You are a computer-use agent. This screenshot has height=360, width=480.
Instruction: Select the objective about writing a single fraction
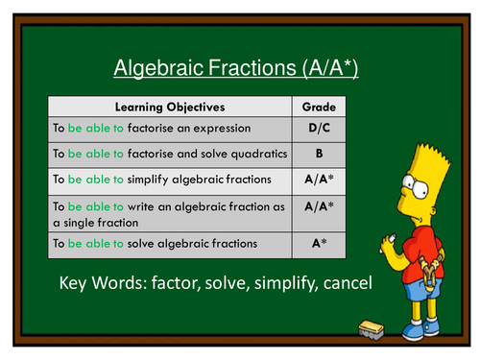[x=168, y=212]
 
